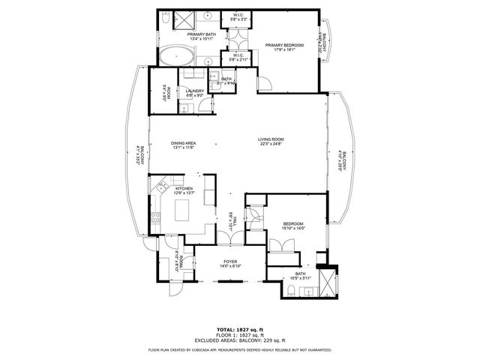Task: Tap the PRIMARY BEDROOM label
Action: point(284,45)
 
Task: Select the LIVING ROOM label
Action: point(271,139)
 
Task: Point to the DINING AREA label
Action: point(183,143)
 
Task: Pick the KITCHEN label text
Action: point(184,189)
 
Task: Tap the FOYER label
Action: point(229,261)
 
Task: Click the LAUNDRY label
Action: point(194,91)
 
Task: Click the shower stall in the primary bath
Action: point(184,19)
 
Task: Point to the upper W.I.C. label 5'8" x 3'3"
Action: point(237,14)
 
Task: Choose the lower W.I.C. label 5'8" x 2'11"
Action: point(237,54)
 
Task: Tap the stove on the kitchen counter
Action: point(156,218)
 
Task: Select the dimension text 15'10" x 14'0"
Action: point(292,229)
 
